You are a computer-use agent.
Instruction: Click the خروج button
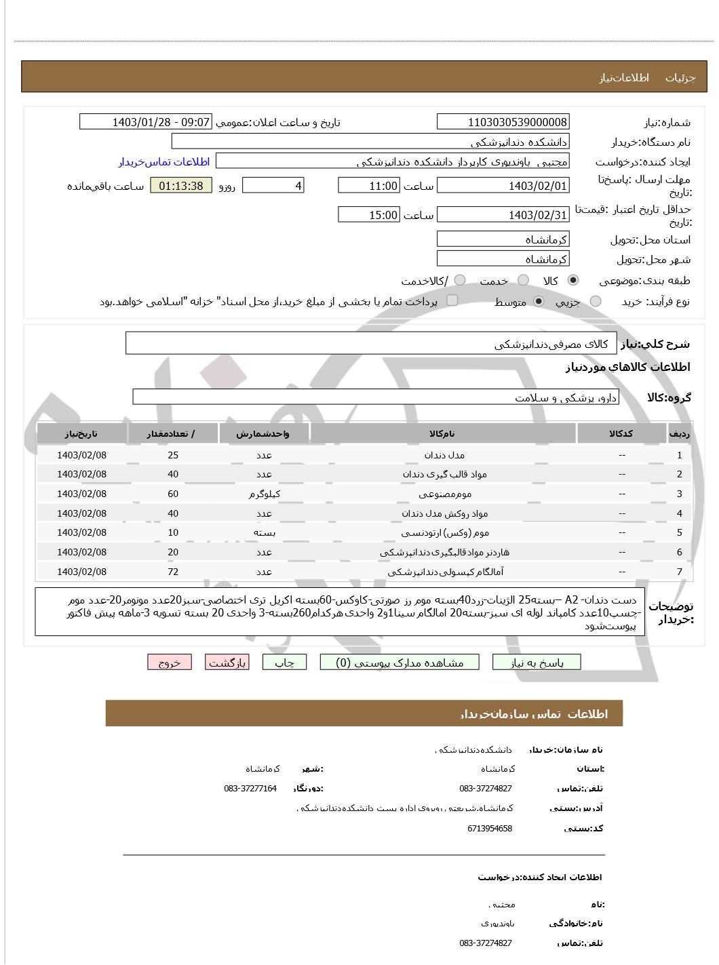(170, 663)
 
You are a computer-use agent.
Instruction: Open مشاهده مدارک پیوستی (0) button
(400, 663)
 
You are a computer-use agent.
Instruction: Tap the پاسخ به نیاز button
(537, 663)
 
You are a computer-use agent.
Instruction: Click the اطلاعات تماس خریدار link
(164, 161)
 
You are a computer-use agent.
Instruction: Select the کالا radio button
(573, 280)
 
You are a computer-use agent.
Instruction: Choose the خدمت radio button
(523, 280)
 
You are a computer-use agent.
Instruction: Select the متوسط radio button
(539, 301)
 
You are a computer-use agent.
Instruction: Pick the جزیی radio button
(596, 301)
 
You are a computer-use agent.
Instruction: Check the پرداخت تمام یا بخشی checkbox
(452, 300)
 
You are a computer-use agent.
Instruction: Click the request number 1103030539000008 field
(503, 122)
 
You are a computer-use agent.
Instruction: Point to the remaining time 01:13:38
(180, 186)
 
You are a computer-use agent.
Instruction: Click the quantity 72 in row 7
(173, 572)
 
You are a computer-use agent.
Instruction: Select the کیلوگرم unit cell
(264, 494)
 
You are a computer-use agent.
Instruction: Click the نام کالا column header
(442, 433)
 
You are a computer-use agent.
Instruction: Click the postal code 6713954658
(490, 828)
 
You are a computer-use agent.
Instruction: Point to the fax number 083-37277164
(250, 788)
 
